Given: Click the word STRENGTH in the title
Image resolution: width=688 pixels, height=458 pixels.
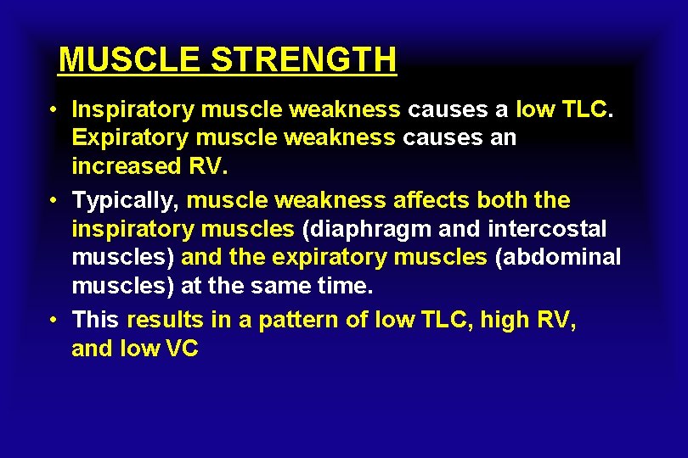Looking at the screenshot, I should click(x=303, y=60).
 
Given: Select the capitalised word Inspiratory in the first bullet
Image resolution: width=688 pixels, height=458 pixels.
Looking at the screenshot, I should click(x=125, y=109).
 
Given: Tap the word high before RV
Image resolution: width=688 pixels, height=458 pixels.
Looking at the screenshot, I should click(x=506, y=321).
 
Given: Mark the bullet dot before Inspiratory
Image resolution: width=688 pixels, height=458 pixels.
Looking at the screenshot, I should click(x=53, y=110).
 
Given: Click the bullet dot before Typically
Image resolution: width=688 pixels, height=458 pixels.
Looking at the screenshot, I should click(x=53, y=202).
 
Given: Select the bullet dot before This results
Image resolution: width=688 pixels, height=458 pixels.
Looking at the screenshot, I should click(x=53, y=321).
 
